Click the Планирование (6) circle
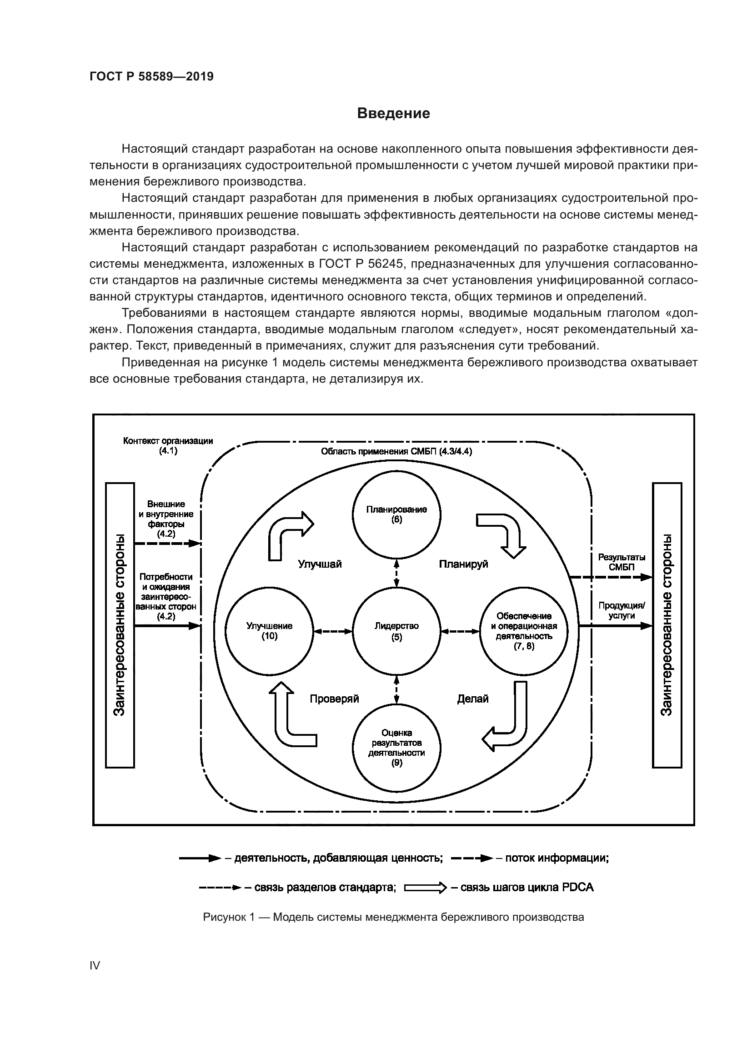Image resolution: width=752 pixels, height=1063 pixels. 396,515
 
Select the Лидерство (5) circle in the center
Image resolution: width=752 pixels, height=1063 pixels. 396,631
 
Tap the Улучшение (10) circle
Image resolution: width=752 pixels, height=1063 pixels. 269,631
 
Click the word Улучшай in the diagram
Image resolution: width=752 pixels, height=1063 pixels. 320,564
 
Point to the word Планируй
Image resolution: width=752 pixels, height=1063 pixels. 463,564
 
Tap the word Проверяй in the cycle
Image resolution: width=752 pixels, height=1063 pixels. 334,699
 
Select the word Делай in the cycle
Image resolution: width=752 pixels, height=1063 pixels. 473,699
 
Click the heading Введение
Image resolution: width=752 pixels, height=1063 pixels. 394,114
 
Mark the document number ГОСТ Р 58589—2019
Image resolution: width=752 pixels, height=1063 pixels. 151,76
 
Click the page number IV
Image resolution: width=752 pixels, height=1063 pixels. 95,965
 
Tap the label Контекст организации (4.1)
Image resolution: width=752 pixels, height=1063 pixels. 168,445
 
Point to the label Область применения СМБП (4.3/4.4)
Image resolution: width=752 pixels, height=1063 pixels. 396,451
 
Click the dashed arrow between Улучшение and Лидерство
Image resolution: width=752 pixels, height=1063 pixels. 332,631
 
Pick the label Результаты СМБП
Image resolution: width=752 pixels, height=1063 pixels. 622,562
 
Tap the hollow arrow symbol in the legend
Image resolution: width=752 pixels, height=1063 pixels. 425,888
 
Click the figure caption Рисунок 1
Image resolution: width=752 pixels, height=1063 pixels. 393,917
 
